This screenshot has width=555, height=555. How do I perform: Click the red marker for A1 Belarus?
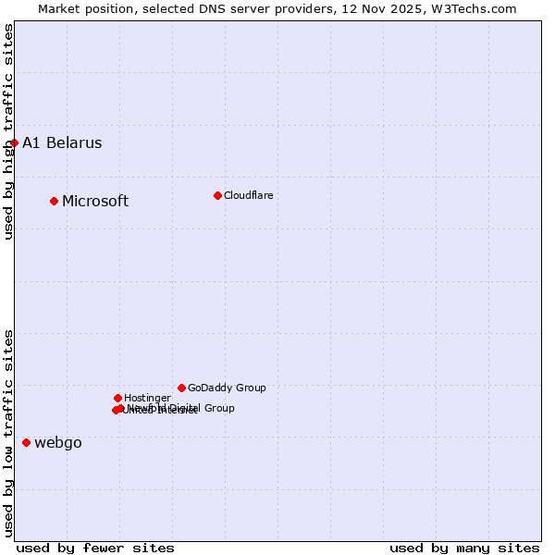[x=14, y=142]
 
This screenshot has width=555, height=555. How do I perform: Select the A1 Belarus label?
[x=62, y=143]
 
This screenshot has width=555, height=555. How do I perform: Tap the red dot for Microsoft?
[x=54, y=201]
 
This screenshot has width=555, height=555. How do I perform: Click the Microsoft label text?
[x=95, y=202]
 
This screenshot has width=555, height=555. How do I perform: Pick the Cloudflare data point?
[x=217, y=195]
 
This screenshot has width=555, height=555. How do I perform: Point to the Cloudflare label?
[x=248, y=195]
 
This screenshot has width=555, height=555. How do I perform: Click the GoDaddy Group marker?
[x=181, y=388]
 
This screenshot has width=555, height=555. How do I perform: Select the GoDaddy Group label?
[x=227, y=388]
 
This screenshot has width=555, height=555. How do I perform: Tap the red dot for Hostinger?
[x=117, y=398]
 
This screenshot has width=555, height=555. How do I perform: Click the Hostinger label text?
[x=147, y=398]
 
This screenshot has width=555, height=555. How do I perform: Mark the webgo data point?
[x=26, y=442]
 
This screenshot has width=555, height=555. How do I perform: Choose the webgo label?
[x=57, y=443]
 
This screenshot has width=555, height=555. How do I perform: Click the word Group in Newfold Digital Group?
[x=218, y=408]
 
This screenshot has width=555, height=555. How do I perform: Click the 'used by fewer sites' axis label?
[x=95, y=548]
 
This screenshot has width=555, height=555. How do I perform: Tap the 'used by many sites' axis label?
[x=464, y=548]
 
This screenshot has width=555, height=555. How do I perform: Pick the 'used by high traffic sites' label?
[x=8, y=131]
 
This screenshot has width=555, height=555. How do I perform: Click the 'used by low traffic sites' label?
[x=8, y=433]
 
